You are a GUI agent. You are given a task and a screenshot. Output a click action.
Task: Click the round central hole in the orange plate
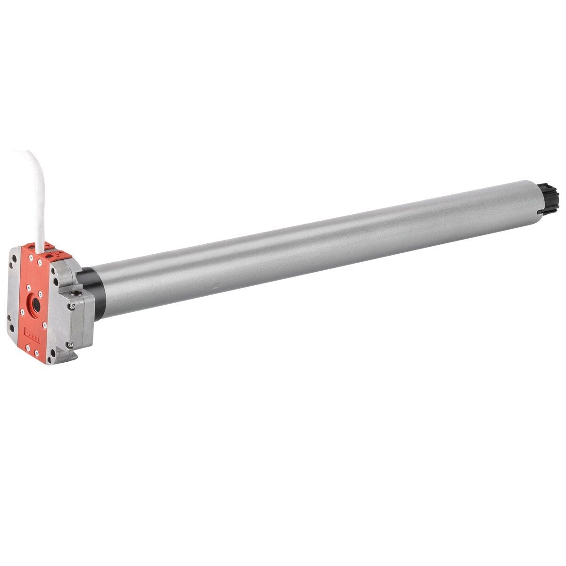[36, 305]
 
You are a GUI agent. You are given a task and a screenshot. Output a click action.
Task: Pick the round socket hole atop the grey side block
[76, 293]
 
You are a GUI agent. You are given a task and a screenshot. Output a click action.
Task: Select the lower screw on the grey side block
[70, 345]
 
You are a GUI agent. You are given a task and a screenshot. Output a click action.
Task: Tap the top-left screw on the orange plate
[31, 258]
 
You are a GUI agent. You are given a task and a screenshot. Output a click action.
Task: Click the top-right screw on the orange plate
[40, 262]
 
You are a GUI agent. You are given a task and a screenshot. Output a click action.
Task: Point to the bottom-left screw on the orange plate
[28, 348]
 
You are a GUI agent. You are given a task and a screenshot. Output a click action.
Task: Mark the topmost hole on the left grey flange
[14, 258]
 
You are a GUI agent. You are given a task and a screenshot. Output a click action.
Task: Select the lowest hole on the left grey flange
[12, 328]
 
